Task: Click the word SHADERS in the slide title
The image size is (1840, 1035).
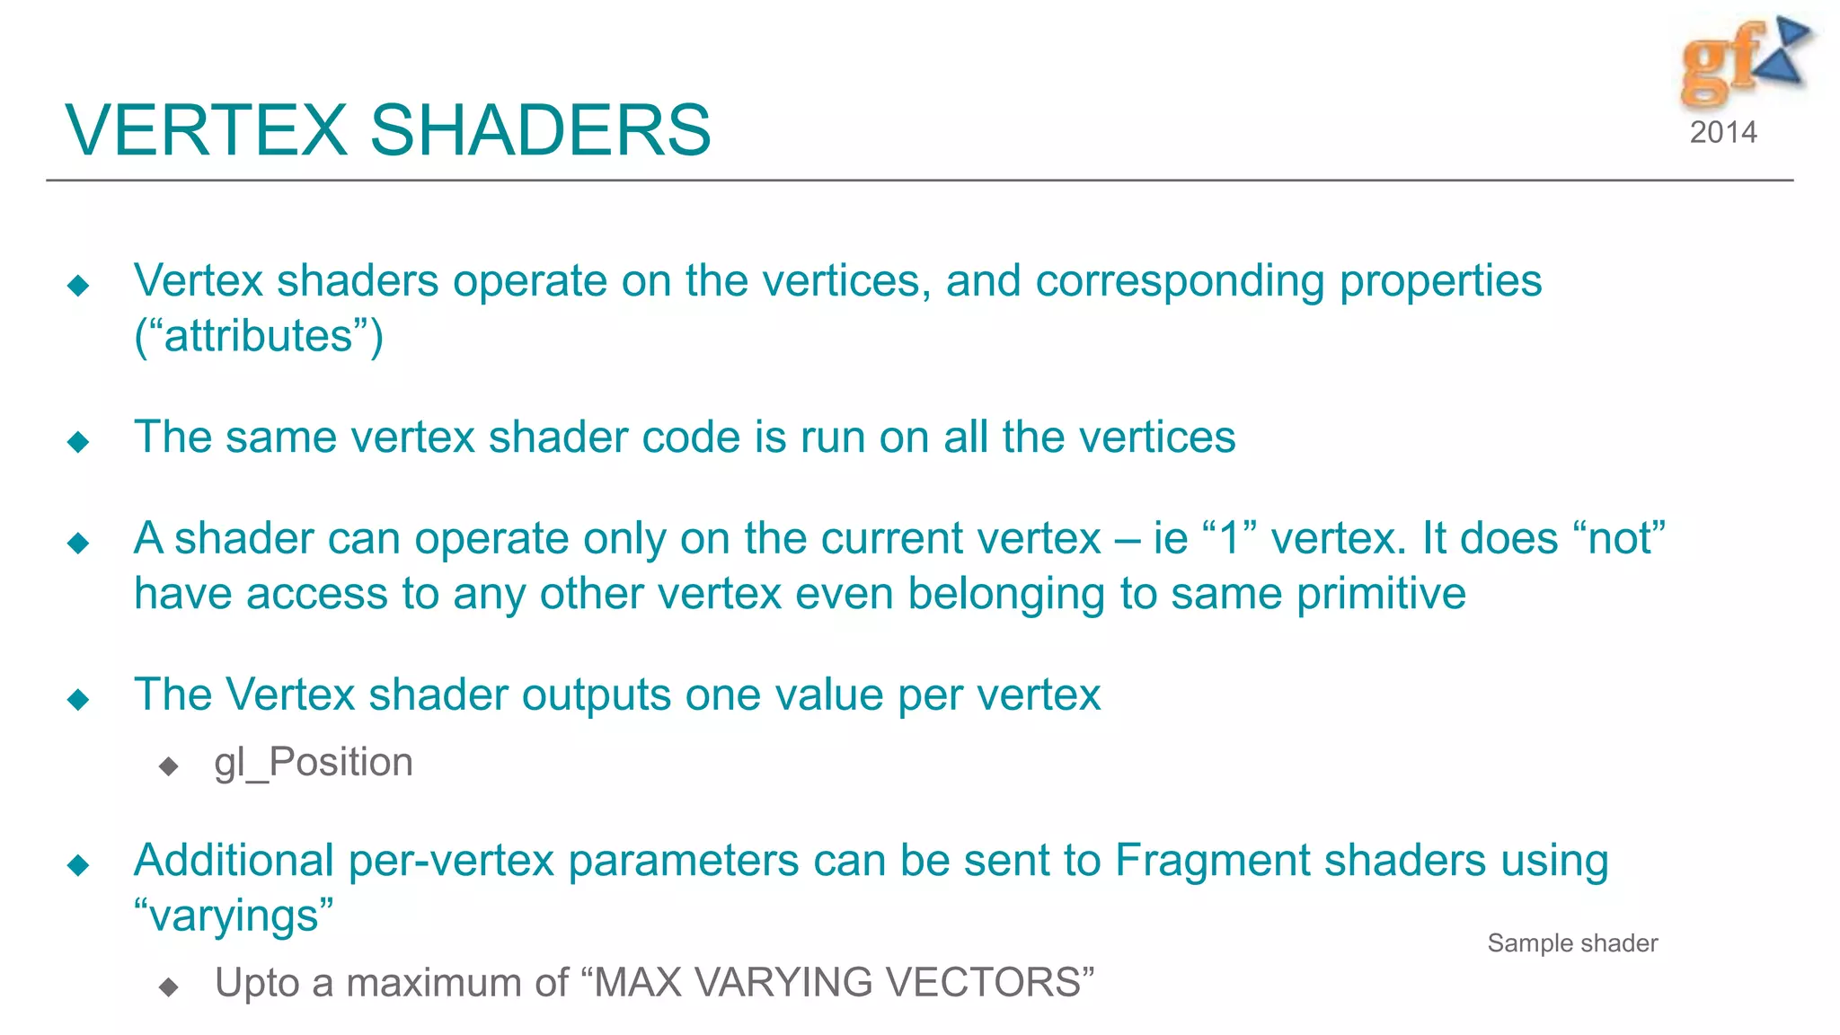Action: (540, 130)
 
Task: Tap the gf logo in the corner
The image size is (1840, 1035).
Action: (1744, 61)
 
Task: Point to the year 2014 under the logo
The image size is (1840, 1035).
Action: (1722, 133)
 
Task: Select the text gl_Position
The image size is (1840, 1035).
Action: (314, 763)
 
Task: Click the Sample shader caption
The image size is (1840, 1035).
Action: (1572, 943)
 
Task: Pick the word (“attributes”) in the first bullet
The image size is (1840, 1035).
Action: (259, 336)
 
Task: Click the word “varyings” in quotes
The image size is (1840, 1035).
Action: (234, 916)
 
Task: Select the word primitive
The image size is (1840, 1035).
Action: (1382, 594)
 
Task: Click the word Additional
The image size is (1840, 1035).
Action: (234, 861)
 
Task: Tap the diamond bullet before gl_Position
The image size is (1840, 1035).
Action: (168, 766)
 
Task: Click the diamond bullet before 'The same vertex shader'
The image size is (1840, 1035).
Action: (78, 441)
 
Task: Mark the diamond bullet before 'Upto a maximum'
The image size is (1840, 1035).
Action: (168, 987)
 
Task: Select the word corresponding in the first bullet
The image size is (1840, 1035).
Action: (1180, 281)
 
